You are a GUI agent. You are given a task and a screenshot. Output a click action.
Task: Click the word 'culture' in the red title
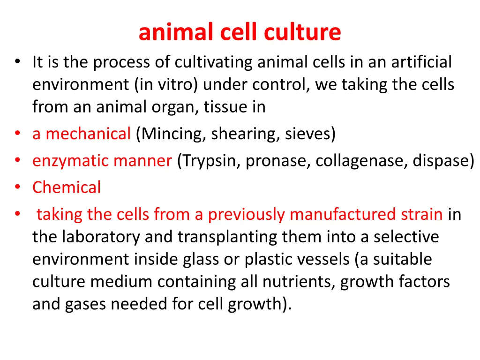coord(302,32)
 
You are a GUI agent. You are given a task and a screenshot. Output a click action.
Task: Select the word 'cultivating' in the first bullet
coord(215,62)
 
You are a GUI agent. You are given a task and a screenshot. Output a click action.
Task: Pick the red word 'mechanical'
coord(88,134)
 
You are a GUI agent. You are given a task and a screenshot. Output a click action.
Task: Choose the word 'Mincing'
coord(172,134)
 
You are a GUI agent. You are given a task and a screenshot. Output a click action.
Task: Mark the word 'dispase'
coord(441,161)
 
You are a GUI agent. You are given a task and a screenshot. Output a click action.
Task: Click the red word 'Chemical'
coord(67,187)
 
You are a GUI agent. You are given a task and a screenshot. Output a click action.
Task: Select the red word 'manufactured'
coord(342,214)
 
